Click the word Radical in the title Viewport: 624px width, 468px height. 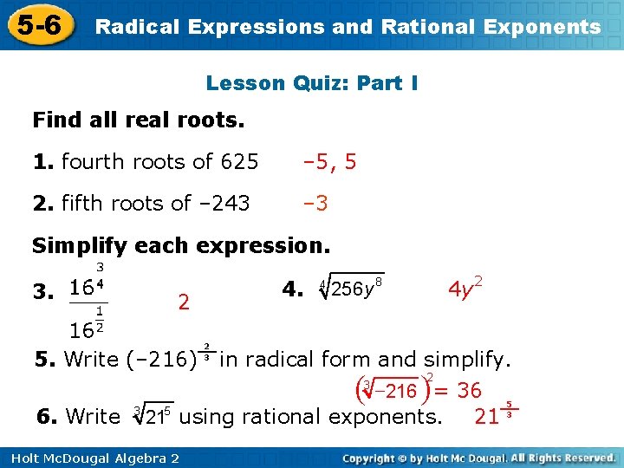point(131,27)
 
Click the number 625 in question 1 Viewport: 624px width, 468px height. point(239,161)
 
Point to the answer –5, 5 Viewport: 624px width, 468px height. point(329,161)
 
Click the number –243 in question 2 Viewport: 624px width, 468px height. point(225,203)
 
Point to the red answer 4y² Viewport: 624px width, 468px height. point(465,287)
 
